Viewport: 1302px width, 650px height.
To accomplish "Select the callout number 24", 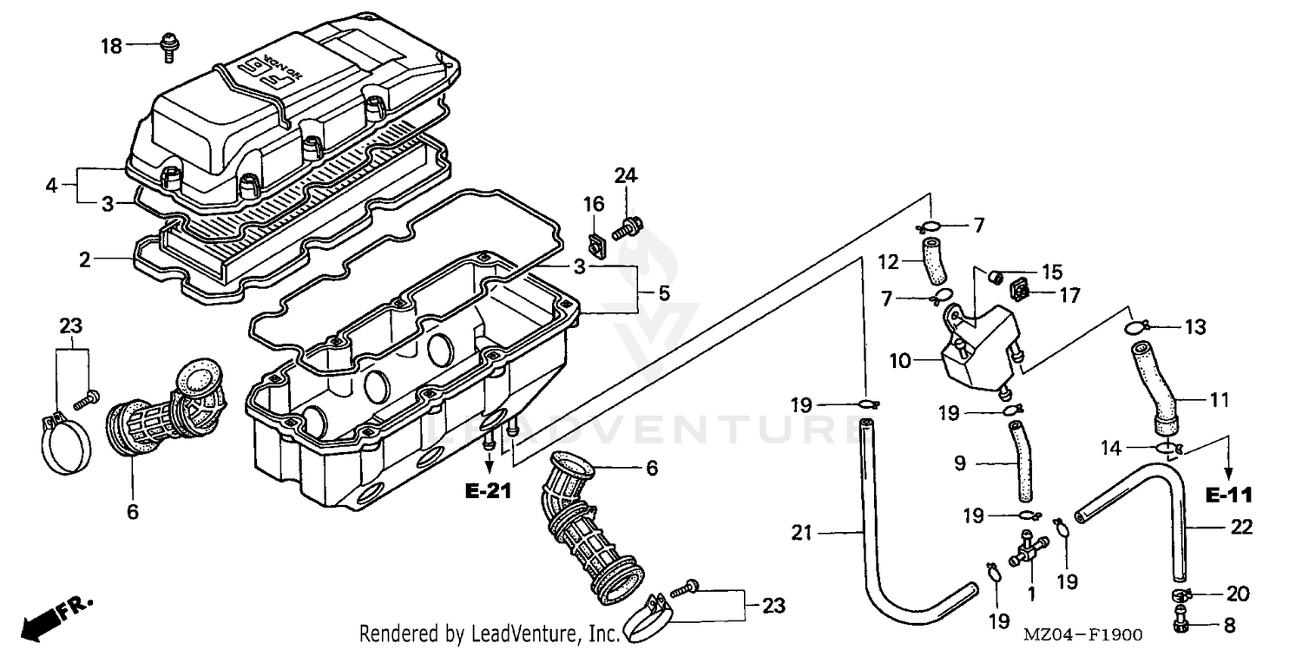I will pyautogui.click(x=626, y=176).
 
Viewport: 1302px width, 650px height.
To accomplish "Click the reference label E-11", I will pyautogui.click(x=1229, y=496).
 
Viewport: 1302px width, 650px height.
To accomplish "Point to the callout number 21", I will pyautogui.click(x=800, y=532).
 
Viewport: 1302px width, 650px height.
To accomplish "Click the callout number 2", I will pyautogui.click(x=84, y=259).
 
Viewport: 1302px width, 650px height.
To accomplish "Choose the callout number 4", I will pyautogui.click(x=52, y=185).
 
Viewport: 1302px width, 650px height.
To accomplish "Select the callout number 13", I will pyautogui.click(x=1195, y=327).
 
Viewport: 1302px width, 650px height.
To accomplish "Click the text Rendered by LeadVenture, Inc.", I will pyautogui.click(x=489, y=634).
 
